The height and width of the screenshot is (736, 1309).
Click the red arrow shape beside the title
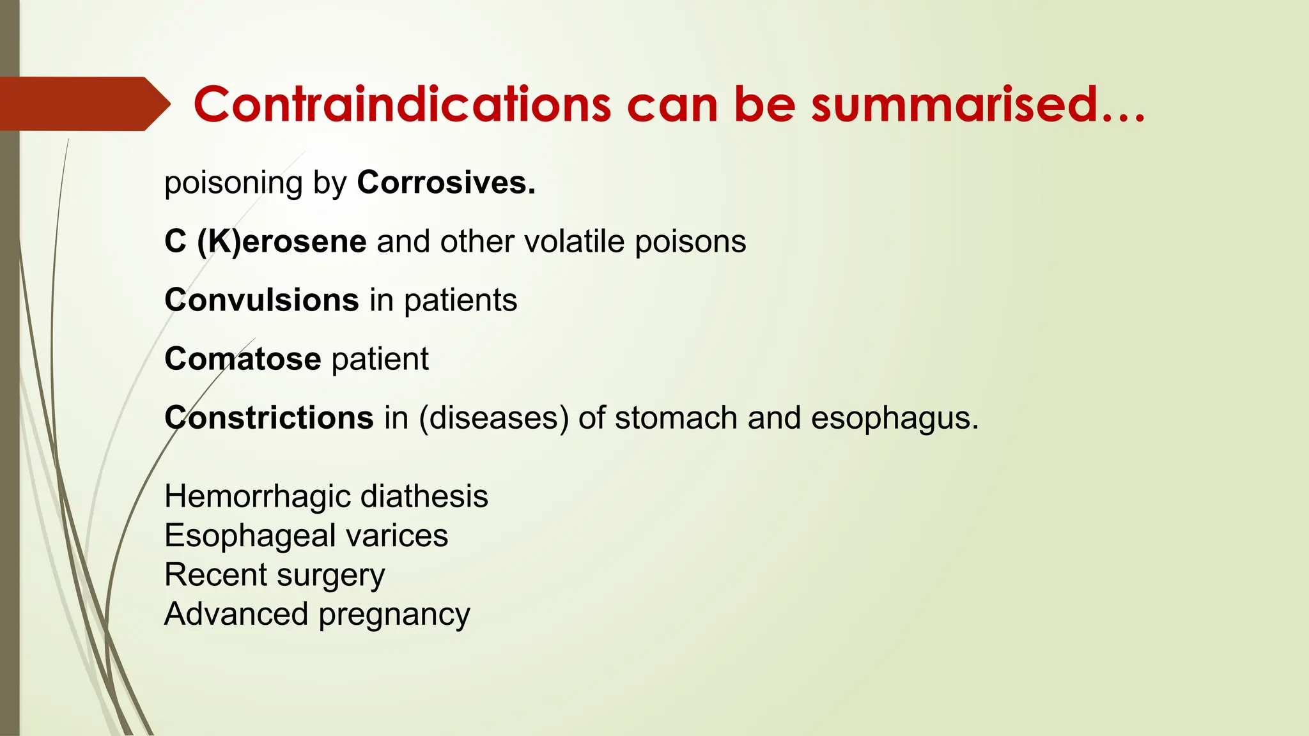pos(83,103)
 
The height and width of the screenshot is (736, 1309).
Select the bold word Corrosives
pos(445,183)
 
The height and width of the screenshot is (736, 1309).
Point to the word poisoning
pos(233,184)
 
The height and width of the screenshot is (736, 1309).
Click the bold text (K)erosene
pos(281,242)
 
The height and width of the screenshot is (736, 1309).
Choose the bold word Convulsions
pos(261,300)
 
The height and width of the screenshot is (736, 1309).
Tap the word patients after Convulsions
pos(460,301)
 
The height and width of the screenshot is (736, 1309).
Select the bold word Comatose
pos(242,359)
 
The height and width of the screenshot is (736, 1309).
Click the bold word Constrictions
pos(268,418)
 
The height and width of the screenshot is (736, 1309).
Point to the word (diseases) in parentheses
pos(493,418)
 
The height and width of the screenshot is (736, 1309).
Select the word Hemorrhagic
pos(249,497)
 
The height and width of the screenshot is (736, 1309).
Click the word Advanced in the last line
pos(236,614)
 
